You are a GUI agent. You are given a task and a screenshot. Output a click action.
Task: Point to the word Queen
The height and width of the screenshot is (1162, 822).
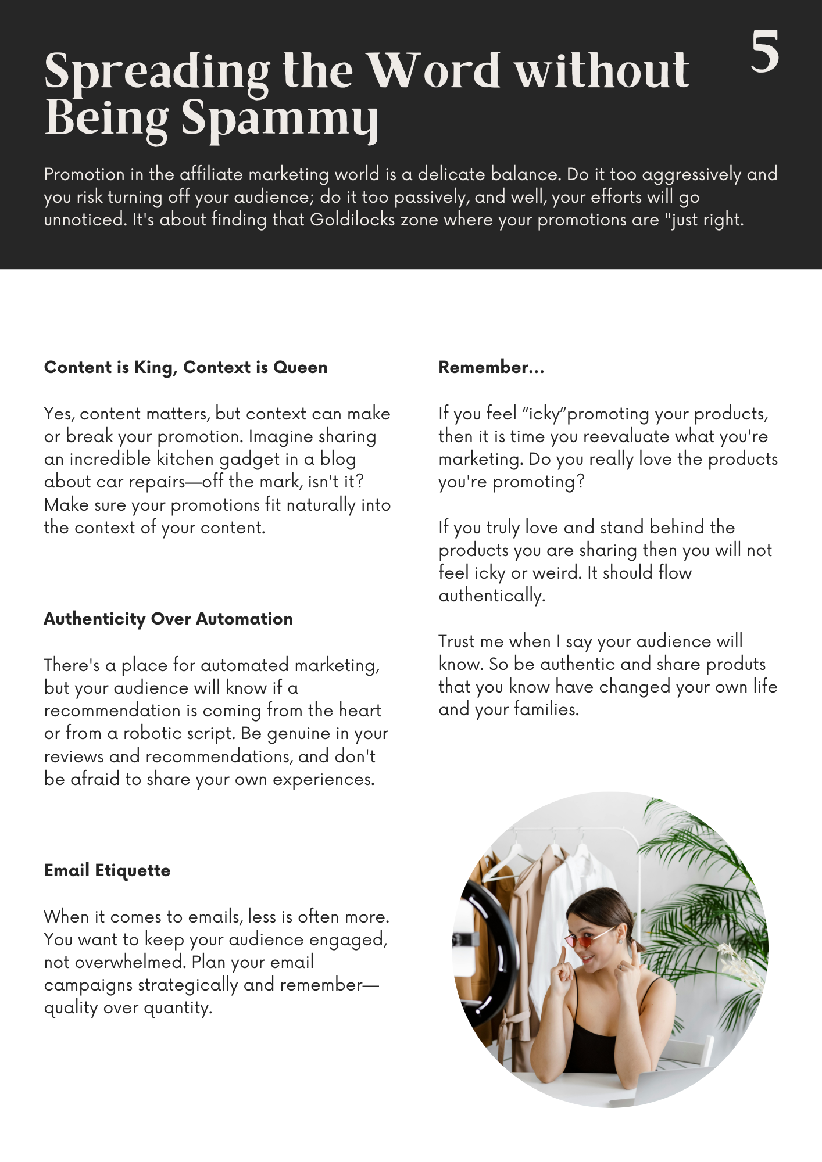[300, 367]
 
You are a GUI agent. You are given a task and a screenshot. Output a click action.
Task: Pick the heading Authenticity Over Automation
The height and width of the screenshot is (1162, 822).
[168, 619]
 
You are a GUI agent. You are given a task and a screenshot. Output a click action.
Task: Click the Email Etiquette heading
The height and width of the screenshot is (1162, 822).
[107, 870]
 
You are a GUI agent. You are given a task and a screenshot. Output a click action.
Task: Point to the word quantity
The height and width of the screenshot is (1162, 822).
[178, 1007]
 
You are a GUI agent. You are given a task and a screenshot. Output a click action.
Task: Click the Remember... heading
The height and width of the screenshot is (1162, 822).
[491, 367]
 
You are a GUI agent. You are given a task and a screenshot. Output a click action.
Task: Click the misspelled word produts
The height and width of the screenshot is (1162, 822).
[735, 664]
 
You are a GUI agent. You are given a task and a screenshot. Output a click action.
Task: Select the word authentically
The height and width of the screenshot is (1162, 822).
[492, 596]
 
